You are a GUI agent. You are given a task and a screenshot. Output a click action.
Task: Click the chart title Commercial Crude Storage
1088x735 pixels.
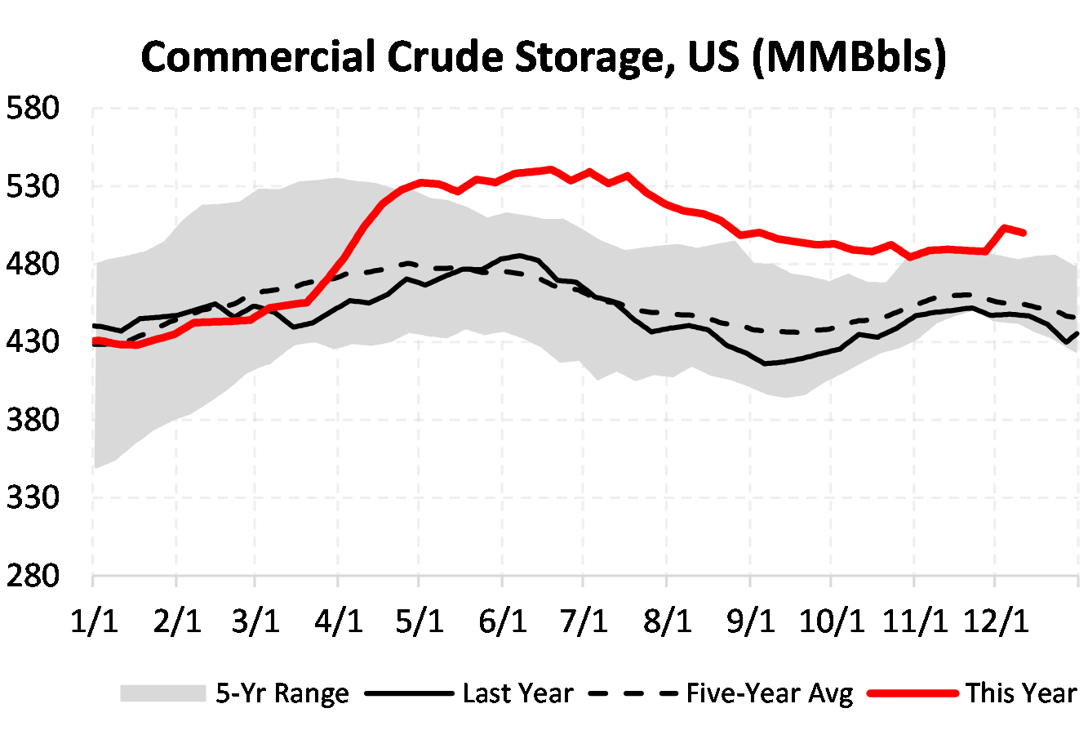(x=544, y=57)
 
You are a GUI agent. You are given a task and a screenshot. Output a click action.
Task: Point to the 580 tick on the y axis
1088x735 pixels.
(x=33, y=109)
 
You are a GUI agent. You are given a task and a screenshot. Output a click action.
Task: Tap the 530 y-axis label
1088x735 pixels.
(x=33, y=187)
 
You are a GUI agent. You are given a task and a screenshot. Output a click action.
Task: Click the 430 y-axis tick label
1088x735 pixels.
(x=33, y=342)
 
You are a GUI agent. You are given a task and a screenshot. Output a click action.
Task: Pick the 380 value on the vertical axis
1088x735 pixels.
(x=33, y=420)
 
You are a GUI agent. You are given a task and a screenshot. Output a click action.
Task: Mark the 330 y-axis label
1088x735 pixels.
(x=33, y=497)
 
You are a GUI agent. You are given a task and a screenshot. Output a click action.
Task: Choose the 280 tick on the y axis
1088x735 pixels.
(x=33, y=575)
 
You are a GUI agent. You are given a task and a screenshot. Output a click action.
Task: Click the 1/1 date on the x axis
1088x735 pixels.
(x=94, y=621)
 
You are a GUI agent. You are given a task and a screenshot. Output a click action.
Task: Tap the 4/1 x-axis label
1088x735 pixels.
(x=339, y=621)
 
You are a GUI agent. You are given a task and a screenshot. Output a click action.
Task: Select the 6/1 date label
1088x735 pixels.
(x=503, y=621)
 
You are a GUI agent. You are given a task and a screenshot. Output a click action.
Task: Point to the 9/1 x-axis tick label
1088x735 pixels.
(x=749, y=621)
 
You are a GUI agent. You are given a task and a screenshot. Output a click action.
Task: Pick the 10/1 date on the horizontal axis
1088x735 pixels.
(x=832, y=621)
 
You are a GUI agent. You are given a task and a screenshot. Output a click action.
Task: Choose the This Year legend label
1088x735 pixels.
(x=1021, y=693)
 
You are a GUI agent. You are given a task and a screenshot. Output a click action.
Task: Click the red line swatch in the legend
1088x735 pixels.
(x=913, y=693)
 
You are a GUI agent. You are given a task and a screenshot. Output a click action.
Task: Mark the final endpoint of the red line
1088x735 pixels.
(x=1024, y=233)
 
